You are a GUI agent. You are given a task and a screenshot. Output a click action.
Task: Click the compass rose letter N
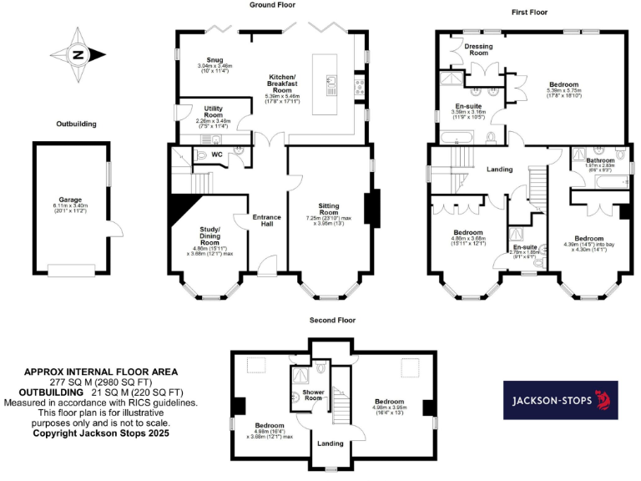tap(78, 56)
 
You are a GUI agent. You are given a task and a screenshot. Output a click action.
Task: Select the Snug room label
tap(214, 60)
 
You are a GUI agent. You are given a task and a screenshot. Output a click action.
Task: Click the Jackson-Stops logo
tap(560, 401)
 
